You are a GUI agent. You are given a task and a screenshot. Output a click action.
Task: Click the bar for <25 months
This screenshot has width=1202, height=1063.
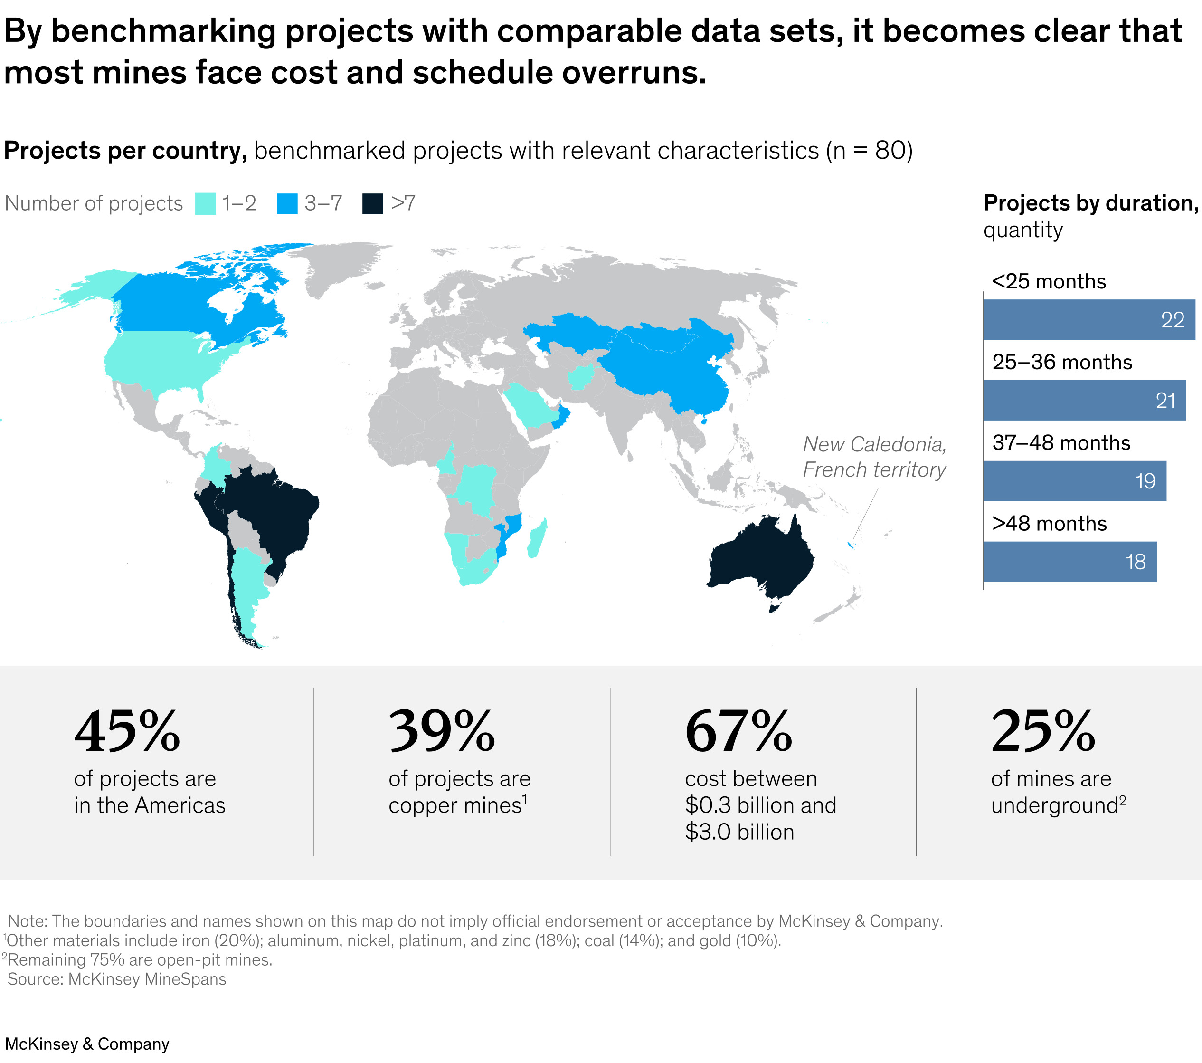pyautogui.click(x=1088, y=319)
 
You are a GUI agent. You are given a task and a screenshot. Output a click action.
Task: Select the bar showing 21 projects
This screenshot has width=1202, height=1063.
pyautogui.click(x=1083, y=400)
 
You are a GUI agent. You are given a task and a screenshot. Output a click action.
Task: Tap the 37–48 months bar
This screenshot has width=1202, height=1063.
pyautogui.click(x=1074, y=480)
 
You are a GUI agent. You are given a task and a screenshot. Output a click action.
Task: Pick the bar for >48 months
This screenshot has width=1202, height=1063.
pyautogui.click(x=1069, y=561)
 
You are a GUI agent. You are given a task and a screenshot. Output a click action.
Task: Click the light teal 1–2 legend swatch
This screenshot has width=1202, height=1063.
pyautogui.click(x=205, y=203)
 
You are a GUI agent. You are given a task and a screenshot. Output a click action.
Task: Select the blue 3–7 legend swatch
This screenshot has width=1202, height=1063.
pyautogui.click(x=287, y=203)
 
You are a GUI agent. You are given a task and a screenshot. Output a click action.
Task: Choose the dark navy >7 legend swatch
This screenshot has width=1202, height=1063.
pyautogui.click(x=372, y=203)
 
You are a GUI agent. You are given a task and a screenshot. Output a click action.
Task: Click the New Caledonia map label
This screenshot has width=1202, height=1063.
pyautogui.click(x=874, y=457)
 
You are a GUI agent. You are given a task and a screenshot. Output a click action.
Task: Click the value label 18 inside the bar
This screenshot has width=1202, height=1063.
pyautogui.click(x=1135, y=562)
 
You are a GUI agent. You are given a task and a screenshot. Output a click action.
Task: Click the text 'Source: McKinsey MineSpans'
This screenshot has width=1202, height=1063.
pyautogui.click(x=116, y=979)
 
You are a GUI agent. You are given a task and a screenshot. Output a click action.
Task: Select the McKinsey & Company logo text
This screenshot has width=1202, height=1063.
pyautogui.click(x=87, y=1044)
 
